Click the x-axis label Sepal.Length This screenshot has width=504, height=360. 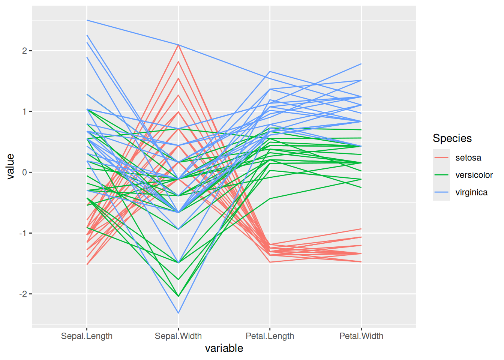(x=87, y=336)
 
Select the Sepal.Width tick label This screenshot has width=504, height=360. (x=178, y=336)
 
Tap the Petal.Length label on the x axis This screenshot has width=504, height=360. (x=270, y=336)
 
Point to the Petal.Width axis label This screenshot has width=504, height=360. (x=361, y=336)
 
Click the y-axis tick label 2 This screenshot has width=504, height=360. (x=24, y=51)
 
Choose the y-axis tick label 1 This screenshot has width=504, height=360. (x=24, y=112)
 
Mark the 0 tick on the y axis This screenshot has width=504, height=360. (x=24, y=172)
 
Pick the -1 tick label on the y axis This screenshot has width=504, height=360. (x=23, y=233)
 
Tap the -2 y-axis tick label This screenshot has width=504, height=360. (x=23, y=294)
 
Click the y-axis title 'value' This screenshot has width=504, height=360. (x=10, y=166)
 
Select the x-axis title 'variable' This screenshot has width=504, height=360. (x=224, y=348)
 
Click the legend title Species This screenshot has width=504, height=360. (x=452, y=138)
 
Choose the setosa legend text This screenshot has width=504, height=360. (x=468, y=158)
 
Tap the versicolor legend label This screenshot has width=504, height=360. (x=474, y=175)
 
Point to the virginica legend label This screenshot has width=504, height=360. (x=471, y=192)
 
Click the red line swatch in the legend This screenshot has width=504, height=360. (x=441, y=158)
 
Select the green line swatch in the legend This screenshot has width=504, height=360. (x=441, y=175)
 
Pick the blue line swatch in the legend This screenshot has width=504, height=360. (x=441, y=192)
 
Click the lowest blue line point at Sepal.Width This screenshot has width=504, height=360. (x=178, y=313)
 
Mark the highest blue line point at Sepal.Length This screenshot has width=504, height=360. (x=87, y=20)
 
